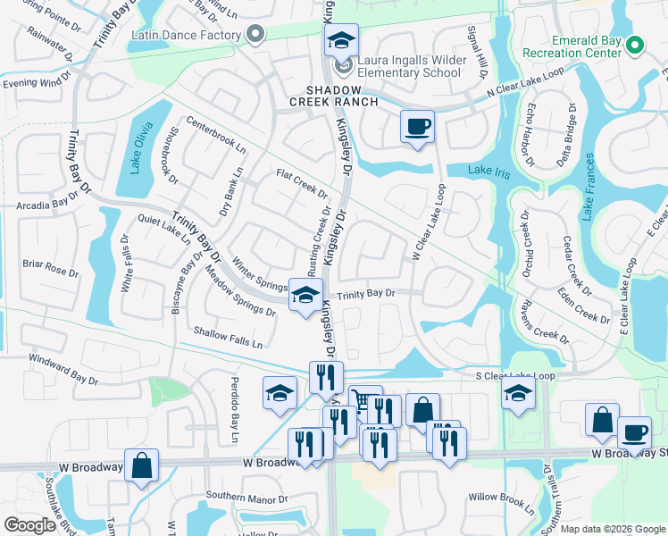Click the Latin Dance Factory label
tap(186, 36)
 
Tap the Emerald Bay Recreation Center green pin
tap(635, 44)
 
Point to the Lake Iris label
tap(489, 172)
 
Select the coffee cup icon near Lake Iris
tap(416, 126)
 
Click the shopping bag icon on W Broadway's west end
tap(141, 465)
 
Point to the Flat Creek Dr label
tap(303, 184)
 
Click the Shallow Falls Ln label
tap(229, 337)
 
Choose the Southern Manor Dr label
tap(246, 497)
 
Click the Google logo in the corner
tap(29, 525)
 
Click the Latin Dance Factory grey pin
tap(256, 36)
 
